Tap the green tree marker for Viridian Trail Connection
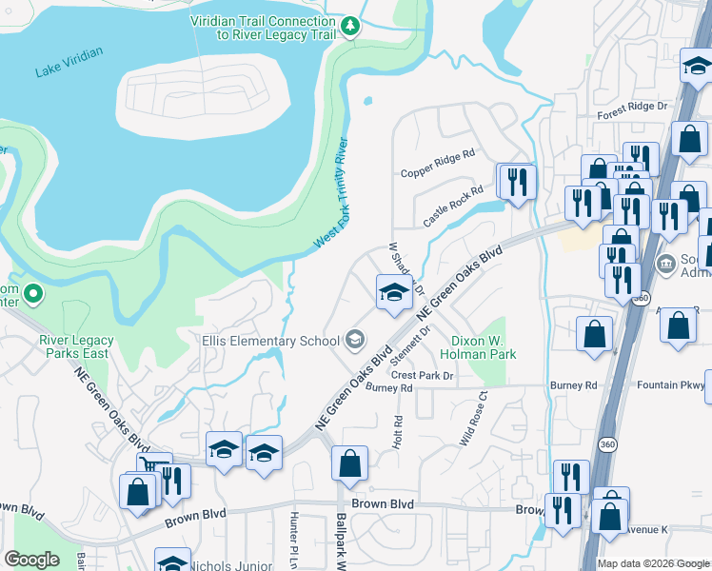351,26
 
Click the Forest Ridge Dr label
633,110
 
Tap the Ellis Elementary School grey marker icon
355,340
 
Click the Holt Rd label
397,433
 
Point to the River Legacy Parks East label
76,346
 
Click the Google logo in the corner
31,559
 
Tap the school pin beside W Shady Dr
393,292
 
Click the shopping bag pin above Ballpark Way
349,464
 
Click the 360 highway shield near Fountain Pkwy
606,443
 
